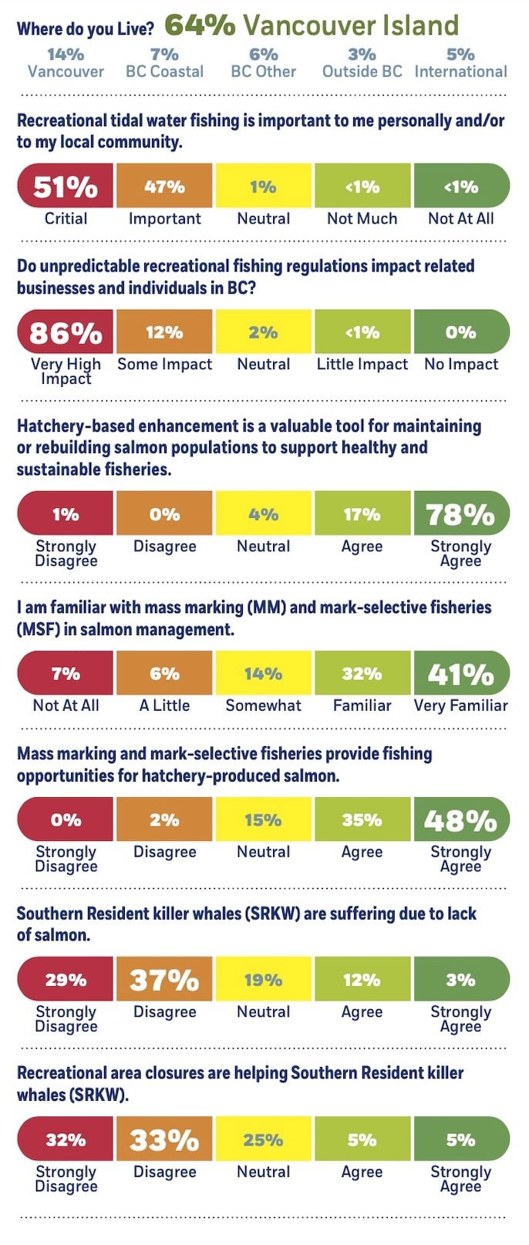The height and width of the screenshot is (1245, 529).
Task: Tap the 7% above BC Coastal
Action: pos(164,54)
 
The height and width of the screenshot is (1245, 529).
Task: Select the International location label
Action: pos(460,72)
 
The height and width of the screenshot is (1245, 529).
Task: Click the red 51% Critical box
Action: pos(66,187)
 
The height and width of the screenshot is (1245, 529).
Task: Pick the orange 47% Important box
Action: pos(164,187)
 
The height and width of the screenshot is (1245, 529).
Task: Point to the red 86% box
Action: pos(66,332)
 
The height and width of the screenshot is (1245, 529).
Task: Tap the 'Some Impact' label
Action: pos(164,364)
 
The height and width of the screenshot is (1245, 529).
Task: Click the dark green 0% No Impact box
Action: pos(461,332)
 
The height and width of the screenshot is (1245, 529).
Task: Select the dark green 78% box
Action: pos(461,514)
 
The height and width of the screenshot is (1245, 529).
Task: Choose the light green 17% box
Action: pos(362,514)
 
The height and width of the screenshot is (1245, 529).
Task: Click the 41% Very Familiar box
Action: pos(461,674)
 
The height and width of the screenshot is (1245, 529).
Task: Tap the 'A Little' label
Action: pos(164,705)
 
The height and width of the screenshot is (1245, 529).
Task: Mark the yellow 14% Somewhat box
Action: pos(263,674)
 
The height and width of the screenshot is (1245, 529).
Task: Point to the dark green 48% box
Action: pos(461,820)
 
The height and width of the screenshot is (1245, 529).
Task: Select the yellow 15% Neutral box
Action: pos(263,820)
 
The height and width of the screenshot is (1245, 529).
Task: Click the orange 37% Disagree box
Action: pos(164,980)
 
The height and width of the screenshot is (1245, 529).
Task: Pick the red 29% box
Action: pos(66,980)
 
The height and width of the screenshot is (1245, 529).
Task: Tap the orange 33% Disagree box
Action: pos(164,1140)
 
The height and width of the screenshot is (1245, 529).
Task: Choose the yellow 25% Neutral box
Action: pos(263,1140)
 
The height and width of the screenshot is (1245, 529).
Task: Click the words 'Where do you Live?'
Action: pos(85,29)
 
